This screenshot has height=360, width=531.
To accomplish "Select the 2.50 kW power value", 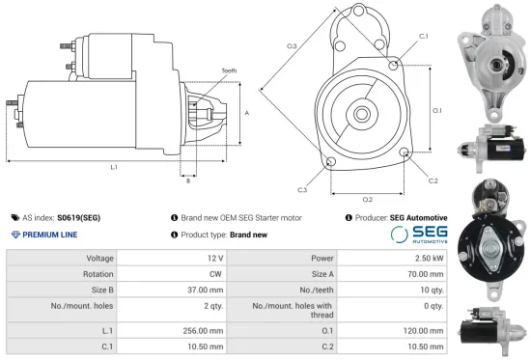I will (x=429, y=259).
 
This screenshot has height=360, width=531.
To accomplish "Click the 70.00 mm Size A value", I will (x=425, y=274).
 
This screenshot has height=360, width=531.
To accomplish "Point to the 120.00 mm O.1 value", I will (x=423, y=329).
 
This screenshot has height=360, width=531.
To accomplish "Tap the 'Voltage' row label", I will (x=99, y=259).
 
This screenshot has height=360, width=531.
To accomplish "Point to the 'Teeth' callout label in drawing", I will (x=228, y=70).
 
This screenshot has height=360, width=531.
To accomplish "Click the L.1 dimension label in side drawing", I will (x=114, y=168).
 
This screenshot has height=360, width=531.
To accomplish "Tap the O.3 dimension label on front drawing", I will (x=292, y=45).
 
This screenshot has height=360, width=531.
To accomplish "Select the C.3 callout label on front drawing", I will (x=302, y=189).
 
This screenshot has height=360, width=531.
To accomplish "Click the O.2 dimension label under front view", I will (x=368, y=199).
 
